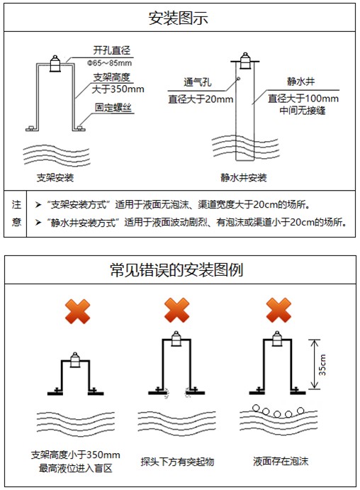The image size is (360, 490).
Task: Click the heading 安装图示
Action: pos(179,18)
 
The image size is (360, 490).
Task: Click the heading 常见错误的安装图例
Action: pos(179,270)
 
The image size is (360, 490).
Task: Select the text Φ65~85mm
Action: pos(113,62)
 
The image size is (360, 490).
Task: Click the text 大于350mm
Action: pos(118,90)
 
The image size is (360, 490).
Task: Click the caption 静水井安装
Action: pos(244,177)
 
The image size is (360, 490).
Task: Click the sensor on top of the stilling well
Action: pos(244,58)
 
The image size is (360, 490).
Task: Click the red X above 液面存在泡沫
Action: pos(279,310)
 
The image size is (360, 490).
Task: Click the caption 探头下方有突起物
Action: pos(177,462)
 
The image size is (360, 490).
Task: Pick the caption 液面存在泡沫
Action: pos(278,462)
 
